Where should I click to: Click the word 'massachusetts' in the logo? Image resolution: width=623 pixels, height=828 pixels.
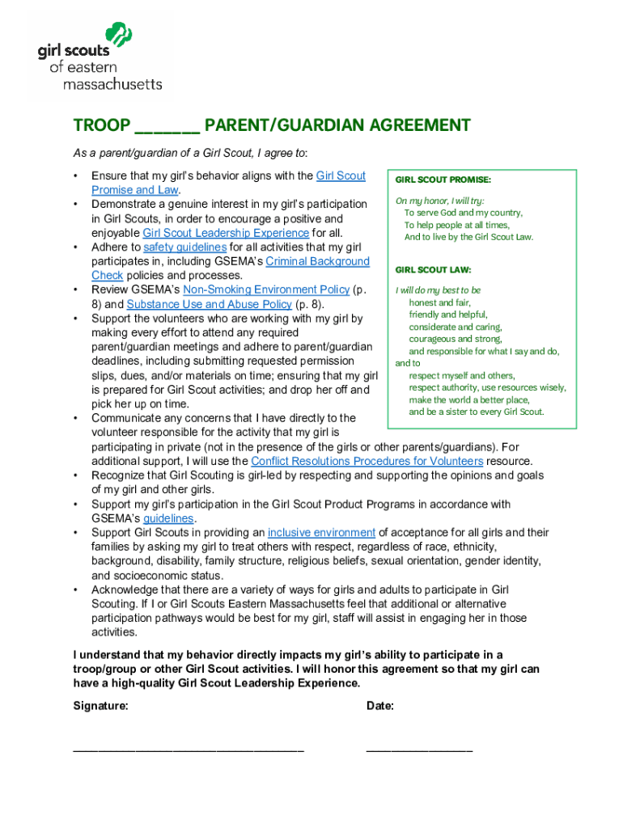[x=112, y=83]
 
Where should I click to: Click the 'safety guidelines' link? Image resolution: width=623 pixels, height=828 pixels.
[x=184, y=247]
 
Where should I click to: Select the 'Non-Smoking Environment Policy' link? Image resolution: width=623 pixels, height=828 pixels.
[x=266, y=289]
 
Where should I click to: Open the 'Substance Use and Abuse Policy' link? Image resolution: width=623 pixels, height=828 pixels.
[x=209, y=304]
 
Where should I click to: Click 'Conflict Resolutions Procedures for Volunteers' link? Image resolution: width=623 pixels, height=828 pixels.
[x=367, y=461]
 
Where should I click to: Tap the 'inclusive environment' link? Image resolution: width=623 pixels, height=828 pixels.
[x=321, y=532]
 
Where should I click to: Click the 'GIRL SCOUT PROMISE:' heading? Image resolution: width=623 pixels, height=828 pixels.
[x=443, y=180]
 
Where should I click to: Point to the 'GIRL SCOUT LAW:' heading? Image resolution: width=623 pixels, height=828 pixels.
[x=433, y=270]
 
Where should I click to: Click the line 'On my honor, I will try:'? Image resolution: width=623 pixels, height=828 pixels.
[x=439, y=201]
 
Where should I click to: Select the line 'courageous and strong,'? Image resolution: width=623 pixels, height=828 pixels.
[x=456, y=339]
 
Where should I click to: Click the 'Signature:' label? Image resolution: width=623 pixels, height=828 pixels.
[x=100, y=706]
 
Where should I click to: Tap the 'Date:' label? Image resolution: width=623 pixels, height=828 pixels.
[x=380, y=706]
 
